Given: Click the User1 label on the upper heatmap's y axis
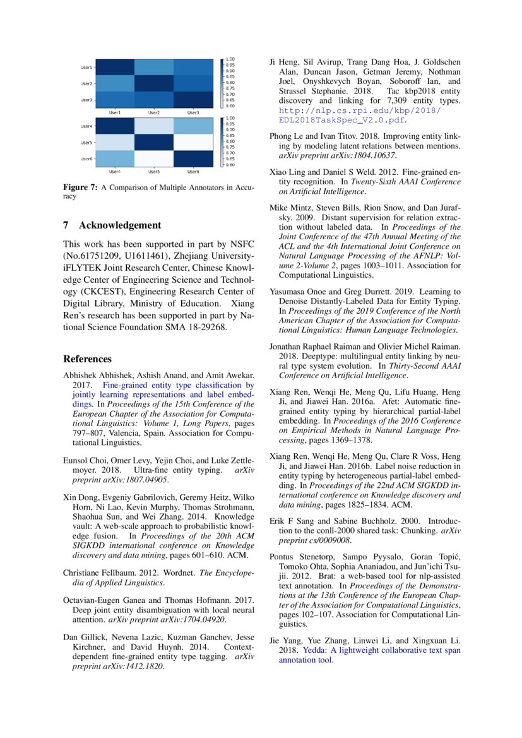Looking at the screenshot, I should (86, 67).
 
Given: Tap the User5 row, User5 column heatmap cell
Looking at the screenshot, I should (154, 142).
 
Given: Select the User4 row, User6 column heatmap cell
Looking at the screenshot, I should (193, 126).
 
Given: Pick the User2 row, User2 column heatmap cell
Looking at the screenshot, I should (154, 83).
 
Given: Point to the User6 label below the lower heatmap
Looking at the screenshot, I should (193, 171).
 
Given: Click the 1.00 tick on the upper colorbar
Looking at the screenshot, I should (231, 60).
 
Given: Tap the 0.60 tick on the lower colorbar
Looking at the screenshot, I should (231, 165).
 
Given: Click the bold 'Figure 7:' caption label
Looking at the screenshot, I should (78, 187).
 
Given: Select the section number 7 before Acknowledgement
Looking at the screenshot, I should (66, 225).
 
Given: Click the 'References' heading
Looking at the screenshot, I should (87, 359).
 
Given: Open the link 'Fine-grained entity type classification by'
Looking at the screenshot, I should (178, 384).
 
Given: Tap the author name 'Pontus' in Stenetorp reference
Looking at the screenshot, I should (282, 557).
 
